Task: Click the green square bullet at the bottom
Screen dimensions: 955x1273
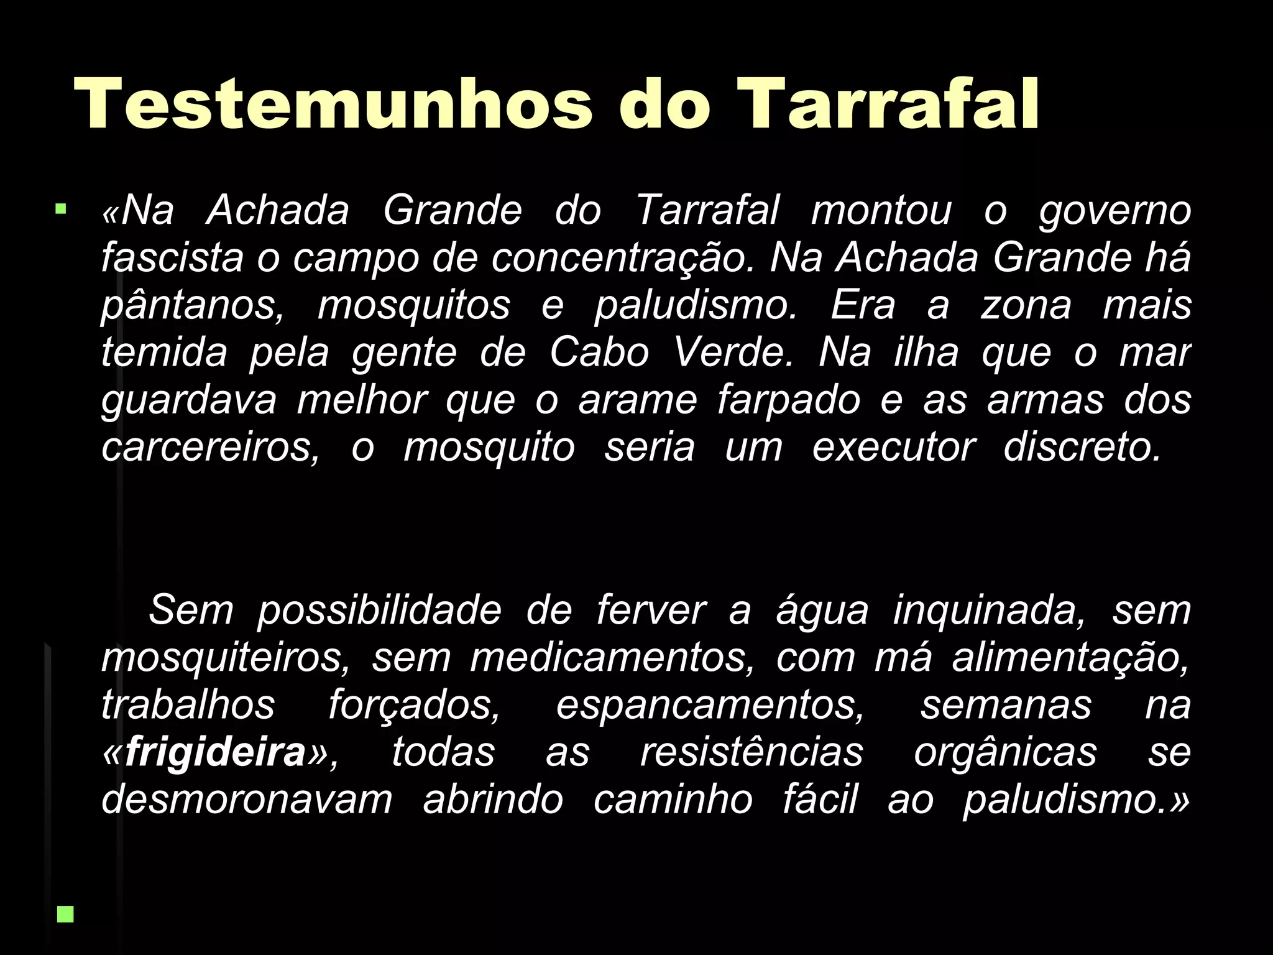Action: [65, 913]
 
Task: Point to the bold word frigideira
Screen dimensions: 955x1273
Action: [215, 752]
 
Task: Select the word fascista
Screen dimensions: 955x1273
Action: [172, 257]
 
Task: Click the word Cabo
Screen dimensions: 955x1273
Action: [599, 353]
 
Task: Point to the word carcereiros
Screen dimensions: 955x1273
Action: [209, 448]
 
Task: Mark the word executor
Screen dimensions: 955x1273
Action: [893, 448]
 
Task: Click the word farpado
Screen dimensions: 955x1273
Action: [788, 400]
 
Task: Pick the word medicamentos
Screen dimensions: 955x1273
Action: [612, 658]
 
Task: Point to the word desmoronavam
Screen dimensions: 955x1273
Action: [247, 800]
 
